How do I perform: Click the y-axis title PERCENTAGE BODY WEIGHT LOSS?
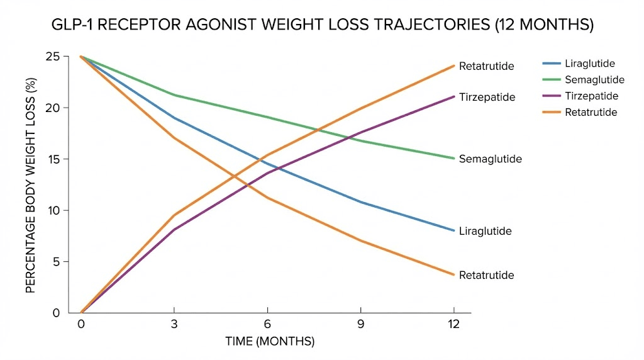pyautogui.click(x=30, y=184)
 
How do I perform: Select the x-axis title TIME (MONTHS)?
pyautogui.click(x=270, y=341)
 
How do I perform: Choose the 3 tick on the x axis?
pyautogui.click(x=174, y=323)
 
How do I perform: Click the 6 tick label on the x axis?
pyautogui.click(x=268, y=323)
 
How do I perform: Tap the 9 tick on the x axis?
pyautogui.click(x=361, y=323)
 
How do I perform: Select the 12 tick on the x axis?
pyautogui.click(x=453, y=323)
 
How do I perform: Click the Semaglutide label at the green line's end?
pyautogui.click(x=491, y=159)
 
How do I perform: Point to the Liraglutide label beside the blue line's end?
pyautogui.click(x=486, y=232)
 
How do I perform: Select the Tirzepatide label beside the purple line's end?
pyautogui.click(x=487, y=98)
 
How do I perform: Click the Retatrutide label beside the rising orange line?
pyautogui.click(x=487, y=66)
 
